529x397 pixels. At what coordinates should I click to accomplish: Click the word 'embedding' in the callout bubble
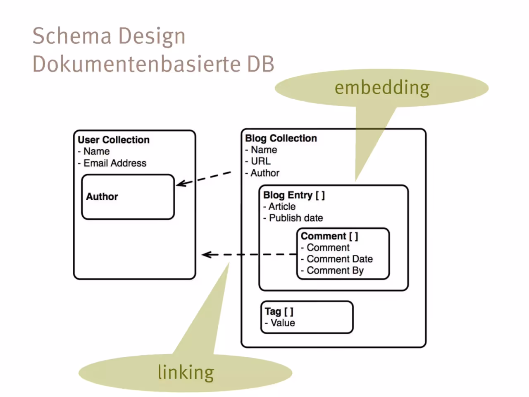[x=382, y=88]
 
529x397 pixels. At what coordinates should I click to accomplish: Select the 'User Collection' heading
[x=114, y=140]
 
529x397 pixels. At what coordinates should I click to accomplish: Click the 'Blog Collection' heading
[x=281, y=139]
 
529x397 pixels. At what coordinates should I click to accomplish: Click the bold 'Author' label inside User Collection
[x=102, y=197]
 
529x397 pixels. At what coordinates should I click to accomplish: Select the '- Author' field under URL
[x=262, y=173]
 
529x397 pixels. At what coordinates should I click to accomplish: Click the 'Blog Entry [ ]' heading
[x=294, y=195]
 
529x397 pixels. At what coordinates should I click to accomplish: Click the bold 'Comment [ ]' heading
[x=329, y=236]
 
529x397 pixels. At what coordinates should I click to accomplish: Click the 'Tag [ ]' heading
[x=279, y=312]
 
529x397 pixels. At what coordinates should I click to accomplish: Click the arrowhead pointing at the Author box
[x=181, y=184]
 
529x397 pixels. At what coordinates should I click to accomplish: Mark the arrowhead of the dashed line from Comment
[x=206, y=255]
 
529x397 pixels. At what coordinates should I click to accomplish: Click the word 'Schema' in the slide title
[x=72, y=36]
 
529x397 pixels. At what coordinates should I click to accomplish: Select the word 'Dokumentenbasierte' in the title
[x=136, y=64]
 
